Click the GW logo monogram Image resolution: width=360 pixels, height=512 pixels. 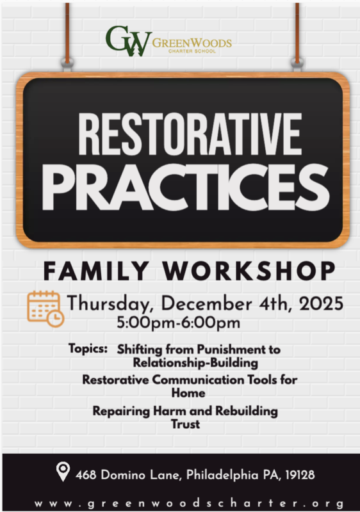point(128,41)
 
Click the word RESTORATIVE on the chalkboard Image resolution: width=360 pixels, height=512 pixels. point(180,136)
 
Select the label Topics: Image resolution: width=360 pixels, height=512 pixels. point(88,349)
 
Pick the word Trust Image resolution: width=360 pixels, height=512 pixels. point(185,423)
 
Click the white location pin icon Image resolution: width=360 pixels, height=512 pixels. point(62,474)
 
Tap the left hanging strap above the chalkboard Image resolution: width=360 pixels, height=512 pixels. point(67,32)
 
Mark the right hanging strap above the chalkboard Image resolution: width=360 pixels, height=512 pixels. point(297,32)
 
